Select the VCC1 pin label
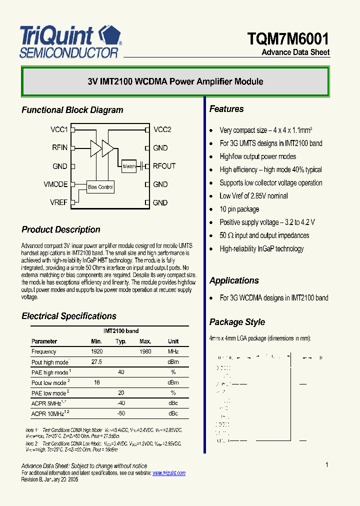pos(59,129)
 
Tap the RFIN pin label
pos(59,147)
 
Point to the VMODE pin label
pos(55,184)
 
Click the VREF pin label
pos(58,202)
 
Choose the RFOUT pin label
pos(164,166)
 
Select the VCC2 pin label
pos(162,129)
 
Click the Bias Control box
pos(100,187)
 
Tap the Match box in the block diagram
pos(129,166)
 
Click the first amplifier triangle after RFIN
pos(95,147)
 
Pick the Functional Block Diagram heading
pos(72,110)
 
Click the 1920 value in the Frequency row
pos(97,351)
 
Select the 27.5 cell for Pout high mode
pos(97,362)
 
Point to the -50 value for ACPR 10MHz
pos(121,413)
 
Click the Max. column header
pos(145,341)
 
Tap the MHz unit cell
pos(173,351)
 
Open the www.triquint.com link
pos(168,473)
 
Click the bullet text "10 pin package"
pos(239,209)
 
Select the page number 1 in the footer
pos(327,465)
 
